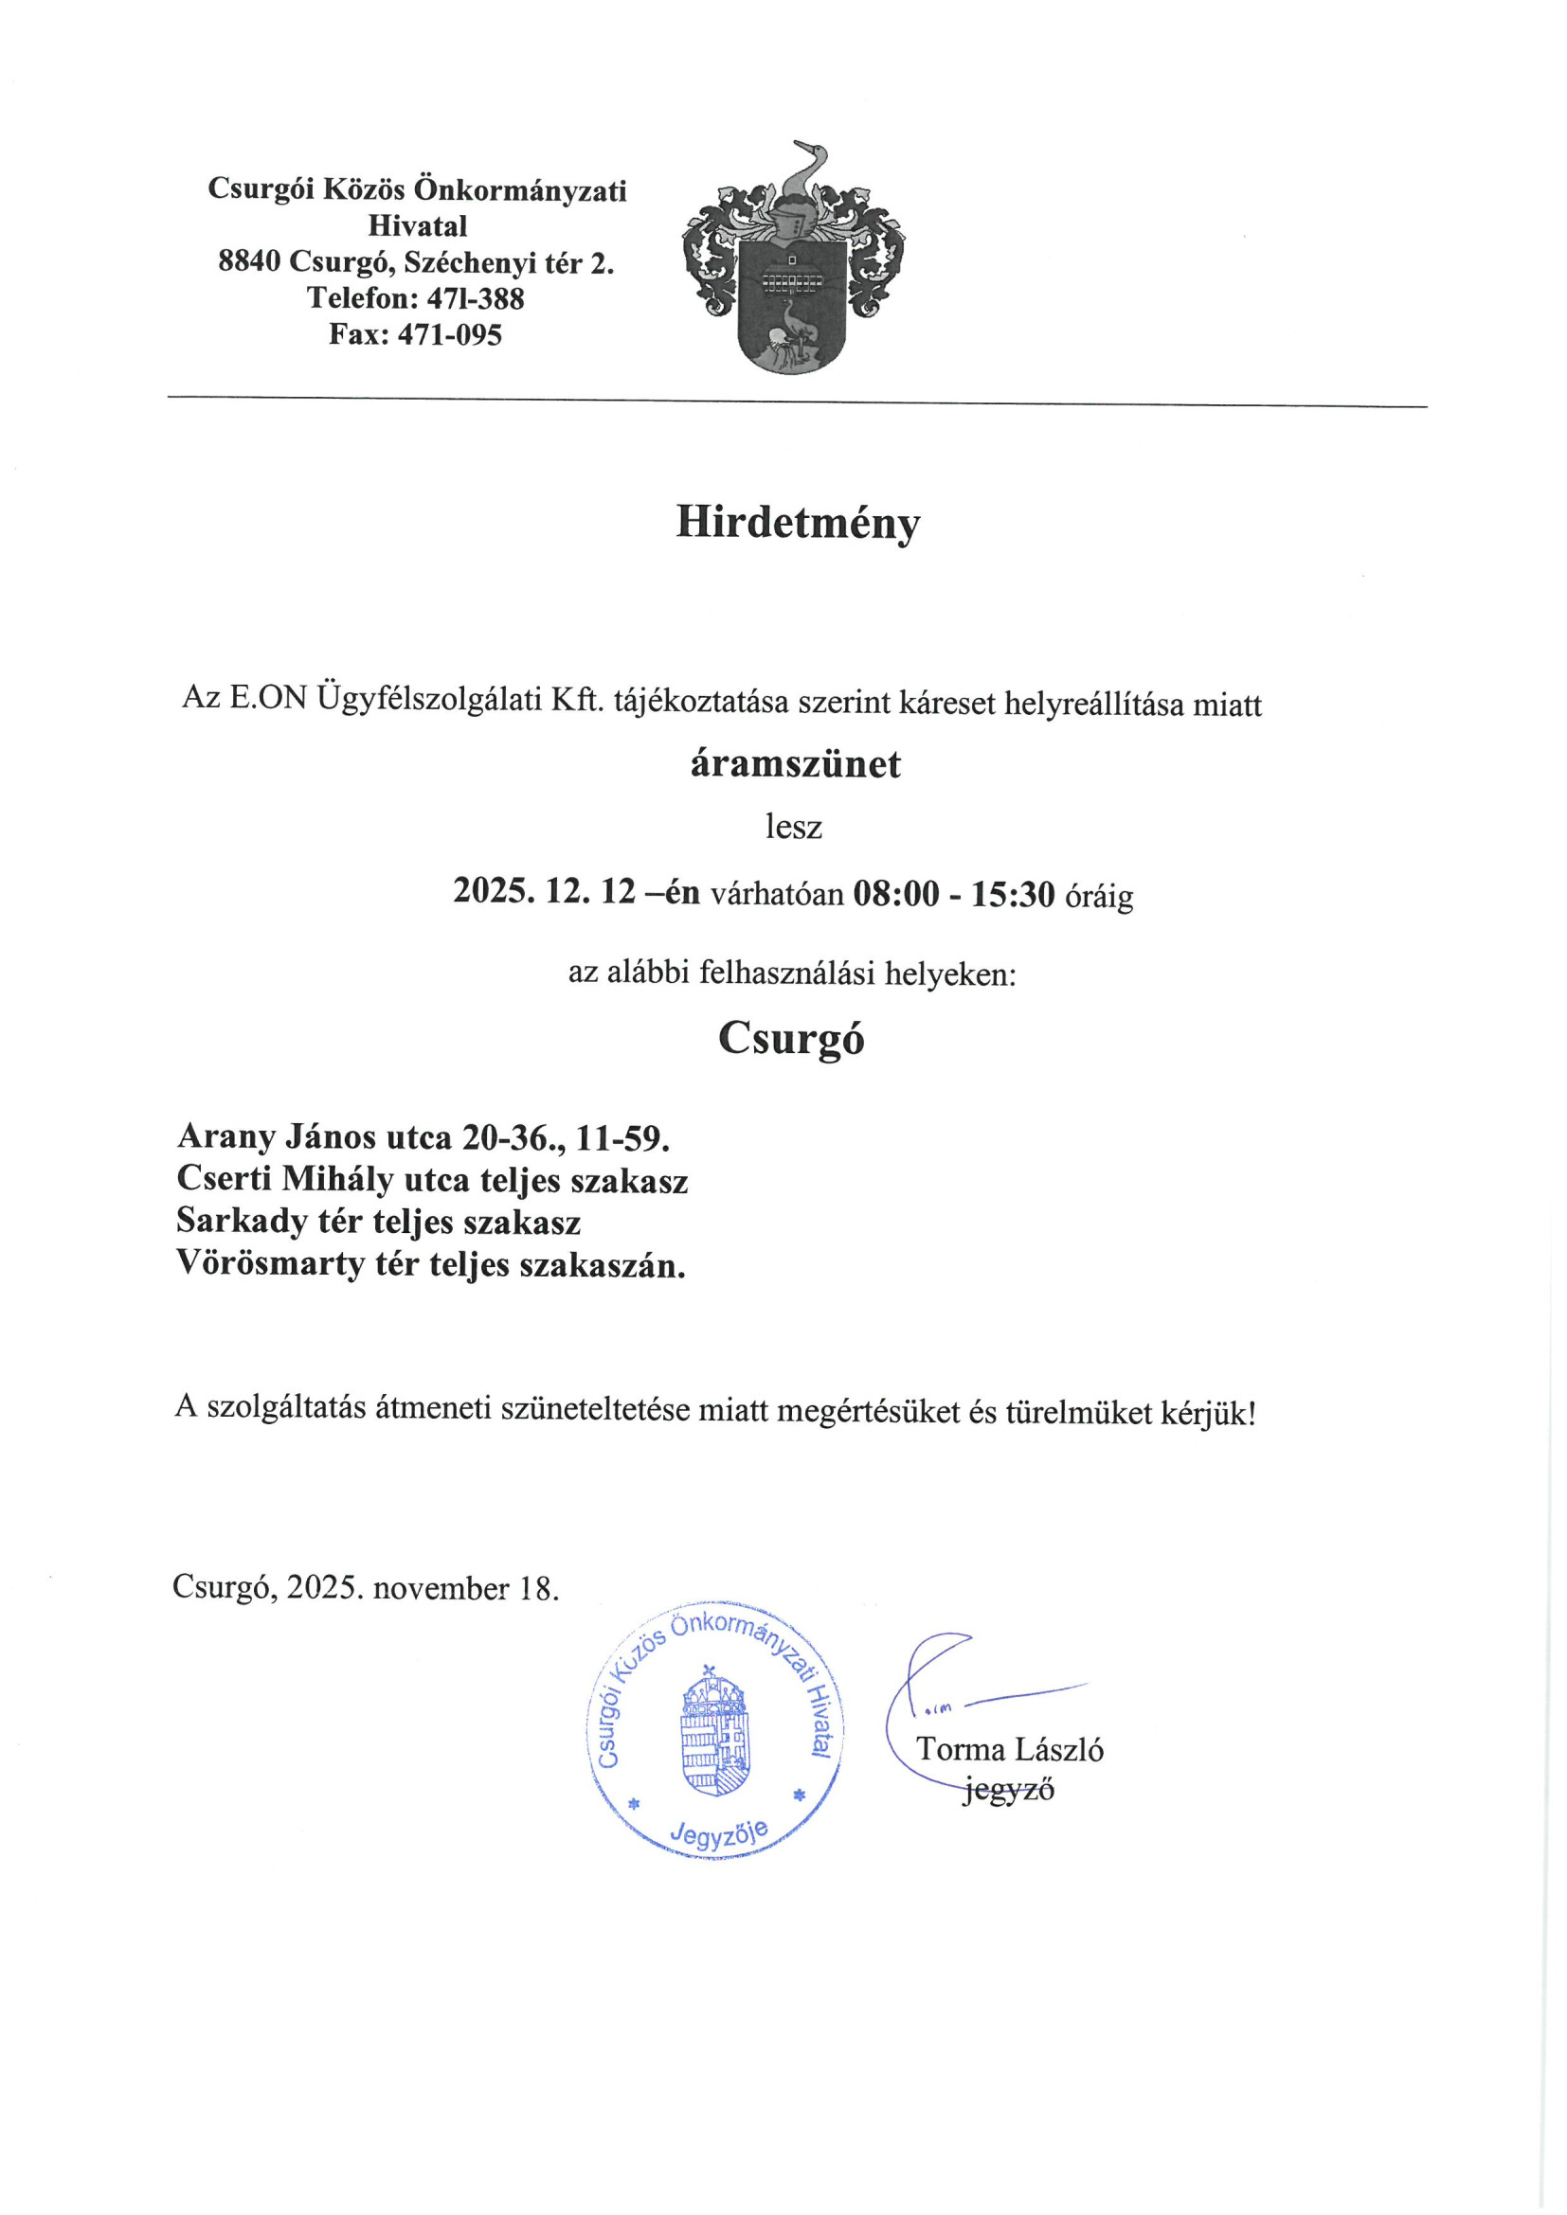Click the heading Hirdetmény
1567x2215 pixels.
(797, 524)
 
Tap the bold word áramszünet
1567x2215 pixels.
(795, 764)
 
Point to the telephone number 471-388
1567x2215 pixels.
(475, 299)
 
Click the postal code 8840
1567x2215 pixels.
(249, 262)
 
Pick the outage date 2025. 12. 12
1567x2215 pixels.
(544, 892)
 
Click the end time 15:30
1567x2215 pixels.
(1012, 894)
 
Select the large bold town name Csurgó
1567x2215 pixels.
(790, 1039)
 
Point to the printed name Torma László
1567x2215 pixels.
(1009, 1750)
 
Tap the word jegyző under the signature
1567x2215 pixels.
(1008, 1790)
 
